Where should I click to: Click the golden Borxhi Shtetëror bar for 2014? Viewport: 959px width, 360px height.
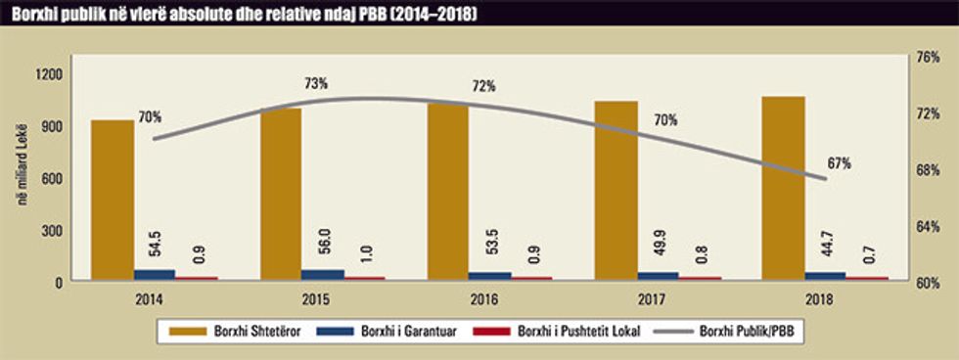(x=113, y=201)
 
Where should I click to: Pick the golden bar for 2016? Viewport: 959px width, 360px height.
(x=447, y=191)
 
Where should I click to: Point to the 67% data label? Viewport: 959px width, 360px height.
(x=839, y=163)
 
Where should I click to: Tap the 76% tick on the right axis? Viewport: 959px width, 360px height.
(x=927, y=57)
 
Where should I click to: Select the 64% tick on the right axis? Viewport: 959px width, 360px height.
(x=927, y=227)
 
